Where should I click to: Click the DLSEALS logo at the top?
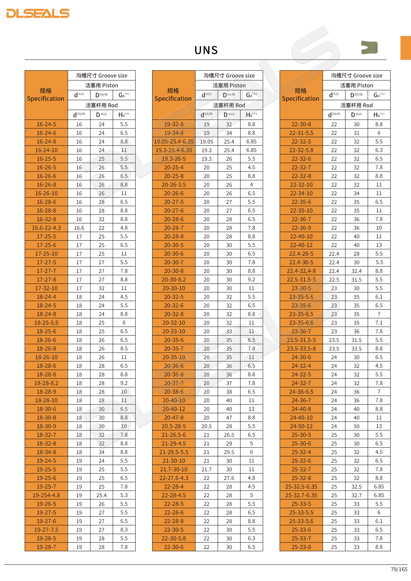38,13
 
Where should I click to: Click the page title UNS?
206,50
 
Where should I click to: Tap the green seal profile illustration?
369,47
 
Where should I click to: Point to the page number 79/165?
399,569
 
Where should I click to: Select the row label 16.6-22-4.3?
46,228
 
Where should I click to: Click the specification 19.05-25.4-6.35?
174,141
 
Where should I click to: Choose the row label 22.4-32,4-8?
301,271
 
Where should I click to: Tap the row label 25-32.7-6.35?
301,495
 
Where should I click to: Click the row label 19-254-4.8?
46,495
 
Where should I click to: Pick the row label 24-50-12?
301,426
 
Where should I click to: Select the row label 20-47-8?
174,418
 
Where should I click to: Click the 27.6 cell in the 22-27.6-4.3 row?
229,478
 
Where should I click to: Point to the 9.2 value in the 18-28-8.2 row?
124,383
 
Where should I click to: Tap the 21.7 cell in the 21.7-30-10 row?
207,469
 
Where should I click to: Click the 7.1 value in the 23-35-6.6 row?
379,323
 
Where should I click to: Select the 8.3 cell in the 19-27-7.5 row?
124,530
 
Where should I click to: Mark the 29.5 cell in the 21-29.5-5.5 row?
229,452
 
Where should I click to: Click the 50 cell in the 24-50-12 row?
356,426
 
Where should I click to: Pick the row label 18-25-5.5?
46,323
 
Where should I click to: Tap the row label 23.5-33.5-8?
301,348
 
